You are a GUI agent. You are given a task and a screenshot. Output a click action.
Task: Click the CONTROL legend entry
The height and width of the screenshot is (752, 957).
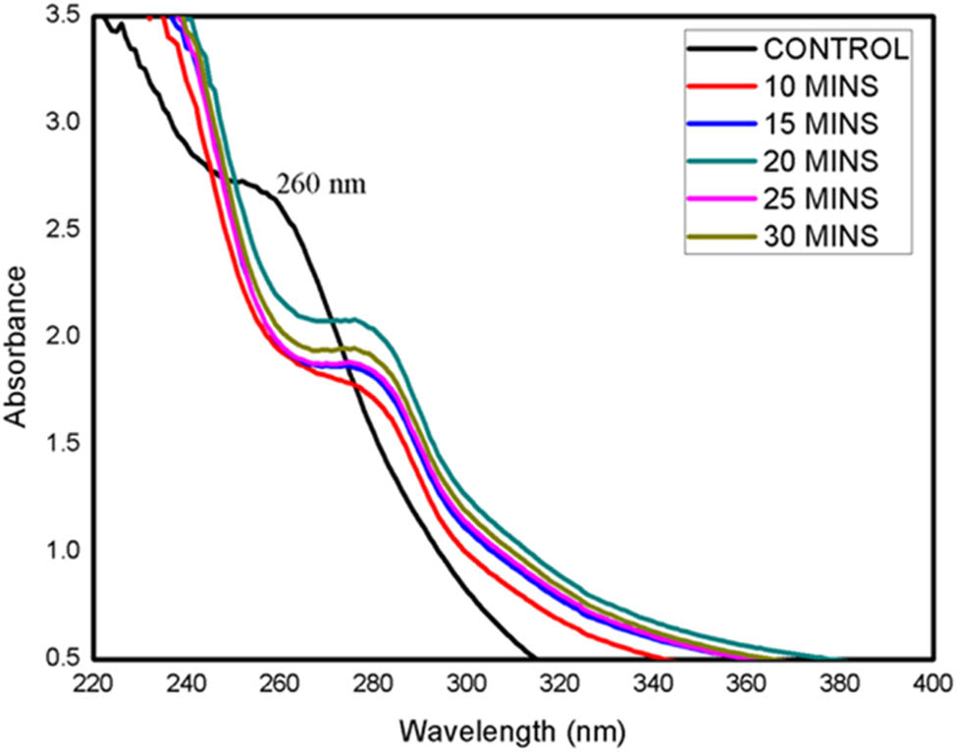click(832, 49)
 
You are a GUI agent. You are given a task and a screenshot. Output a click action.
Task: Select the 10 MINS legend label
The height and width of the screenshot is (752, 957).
click(821, 86)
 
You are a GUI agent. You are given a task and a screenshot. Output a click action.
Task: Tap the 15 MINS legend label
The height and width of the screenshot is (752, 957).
click(821, 123)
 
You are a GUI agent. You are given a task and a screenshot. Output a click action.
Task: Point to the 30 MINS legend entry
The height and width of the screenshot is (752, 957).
click(821, 235)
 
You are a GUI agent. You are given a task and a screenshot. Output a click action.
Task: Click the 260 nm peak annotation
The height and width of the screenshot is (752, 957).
click(320, 185)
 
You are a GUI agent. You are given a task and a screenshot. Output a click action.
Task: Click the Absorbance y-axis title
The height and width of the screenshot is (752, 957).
click(17, 336)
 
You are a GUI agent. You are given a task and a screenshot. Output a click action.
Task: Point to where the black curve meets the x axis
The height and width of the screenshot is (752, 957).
click(534, 657)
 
